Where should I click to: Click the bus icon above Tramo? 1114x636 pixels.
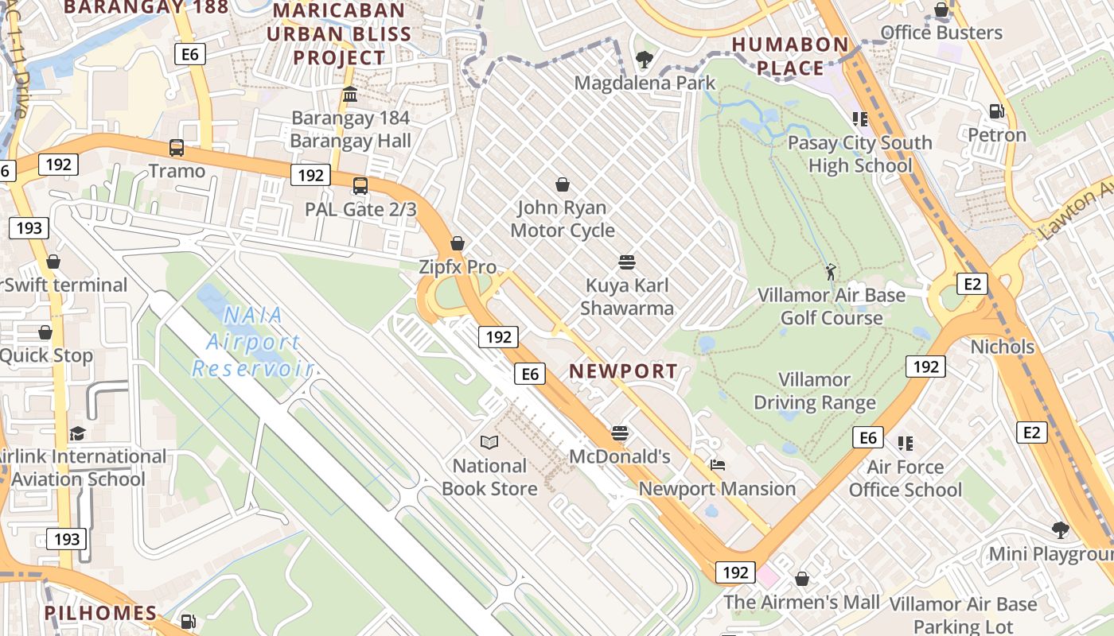point(177,148)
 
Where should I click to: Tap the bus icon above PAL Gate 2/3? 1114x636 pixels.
point(360,186)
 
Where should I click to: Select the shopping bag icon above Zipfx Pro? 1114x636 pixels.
point(458,243)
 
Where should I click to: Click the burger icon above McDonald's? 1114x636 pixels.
point(620,433)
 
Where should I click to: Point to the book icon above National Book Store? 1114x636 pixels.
point(489,442)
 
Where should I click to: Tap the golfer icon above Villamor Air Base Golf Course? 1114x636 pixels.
point(832,271)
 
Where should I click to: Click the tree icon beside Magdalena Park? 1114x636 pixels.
point(645,59)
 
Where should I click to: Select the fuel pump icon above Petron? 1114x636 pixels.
point(996,111)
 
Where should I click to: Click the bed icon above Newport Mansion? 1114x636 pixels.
point(718,465)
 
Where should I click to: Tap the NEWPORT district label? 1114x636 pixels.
point(624,370)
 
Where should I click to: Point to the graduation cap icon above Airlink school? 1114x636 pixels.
point(77,433)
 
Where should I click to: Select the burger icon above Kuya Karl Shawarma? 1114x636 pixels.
point(626,262)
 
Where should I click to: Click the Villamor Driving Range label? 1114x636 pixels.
point(814,391)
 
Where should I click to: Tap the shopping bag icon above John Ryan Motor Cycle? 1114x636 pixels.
point(563,184)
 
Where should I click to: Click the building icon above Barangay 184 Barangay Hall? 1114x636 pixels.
point(349,95)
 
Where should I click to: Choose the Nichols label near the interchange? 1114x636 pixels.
point(1002,347)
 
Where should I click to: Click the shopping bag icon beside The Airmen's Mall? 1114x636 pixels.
point(802,579)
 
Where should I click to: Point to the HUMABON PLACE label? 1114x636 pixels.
point(790,56)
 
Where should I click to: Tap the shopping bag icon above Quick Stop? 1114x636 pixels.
point(45,332)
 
